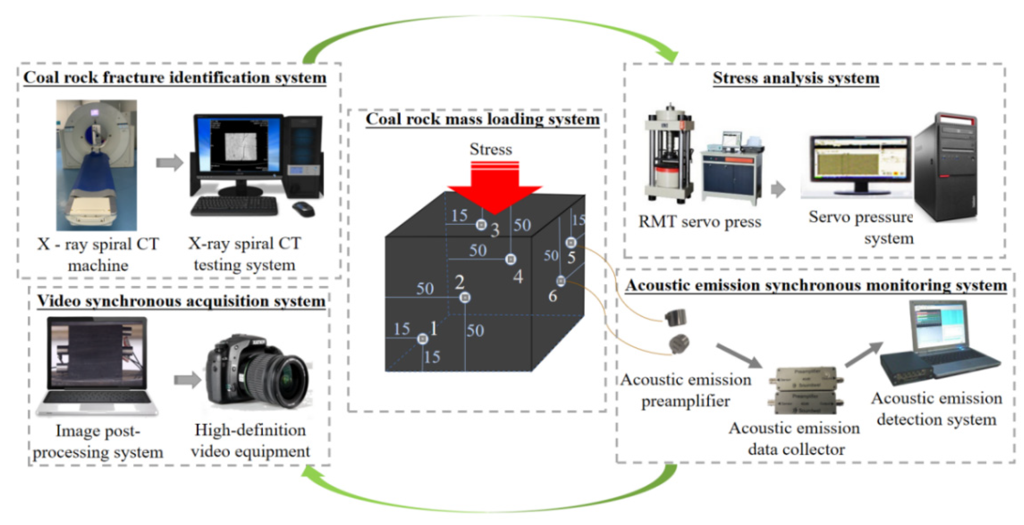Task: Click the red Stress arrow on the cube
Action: click(x=495, y=187)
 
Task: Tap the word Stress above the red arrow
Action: click(x=491, y=149)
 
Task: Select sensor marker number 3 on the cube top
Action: click(x=482, y=225)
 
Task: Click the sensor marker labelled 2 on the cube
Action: click(x=465, y=297)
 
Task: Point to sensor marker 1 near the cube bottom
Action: click(x=422, y=339)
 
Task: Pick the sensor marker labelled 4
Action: click(x=511, y=259)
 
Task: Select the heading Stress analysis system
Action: click(x=796, y=78)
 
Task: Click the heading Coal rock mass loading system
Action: click(x=482, y=119)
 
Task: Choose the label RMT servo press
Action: click(x=700, y=222)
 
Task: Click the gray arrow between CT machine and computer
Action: click(x=170, y=162)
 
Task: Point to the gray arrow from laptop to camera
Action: click(x=188, y=380)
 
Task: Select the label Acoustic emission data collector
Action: click(x=794, y=439)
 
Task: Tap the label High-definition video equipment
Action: click(x=250, y=440)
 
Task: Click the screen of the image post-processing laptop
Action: click(x=97, y=354)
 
